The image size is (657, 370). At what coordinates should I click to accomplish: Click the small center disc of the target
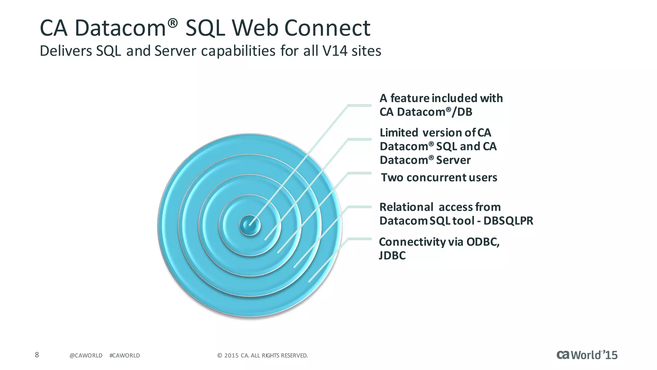pos(250,225)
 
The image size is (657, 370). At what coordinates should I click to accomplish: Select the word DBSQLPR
pos(508,221)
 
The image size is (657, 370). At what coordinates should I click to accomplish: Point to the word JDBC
pos(392,256)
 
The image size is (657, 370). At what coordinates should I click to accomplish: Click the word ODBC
pos(483,242)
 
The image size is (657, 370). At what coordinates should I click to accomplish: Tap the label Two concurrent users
pos(439,178)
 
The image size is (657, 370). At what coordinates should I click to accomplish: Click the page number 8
pos(37,355)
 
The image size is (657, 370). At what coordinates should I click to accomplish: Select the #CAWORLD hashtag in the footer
pos(124,356)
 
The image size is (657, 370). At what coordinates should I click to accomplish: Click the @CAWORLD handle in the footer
pos(86,356)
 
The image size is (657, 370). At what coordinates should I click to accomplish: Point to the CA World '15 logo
pos(587,355)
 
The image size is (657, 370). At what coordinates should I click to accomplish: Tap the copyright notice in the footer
pos(262,356)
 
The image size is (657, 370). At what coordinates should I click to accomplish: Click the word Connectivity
pos(412,242)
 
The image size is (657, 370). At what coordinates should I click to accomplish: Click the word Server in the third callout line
pos(453,160)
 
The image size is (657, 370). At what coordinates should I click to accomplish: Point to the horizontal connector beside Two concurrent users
pos(360,173)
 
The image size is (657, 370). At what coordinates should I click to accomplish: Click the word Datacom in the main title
pos(120,28)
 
